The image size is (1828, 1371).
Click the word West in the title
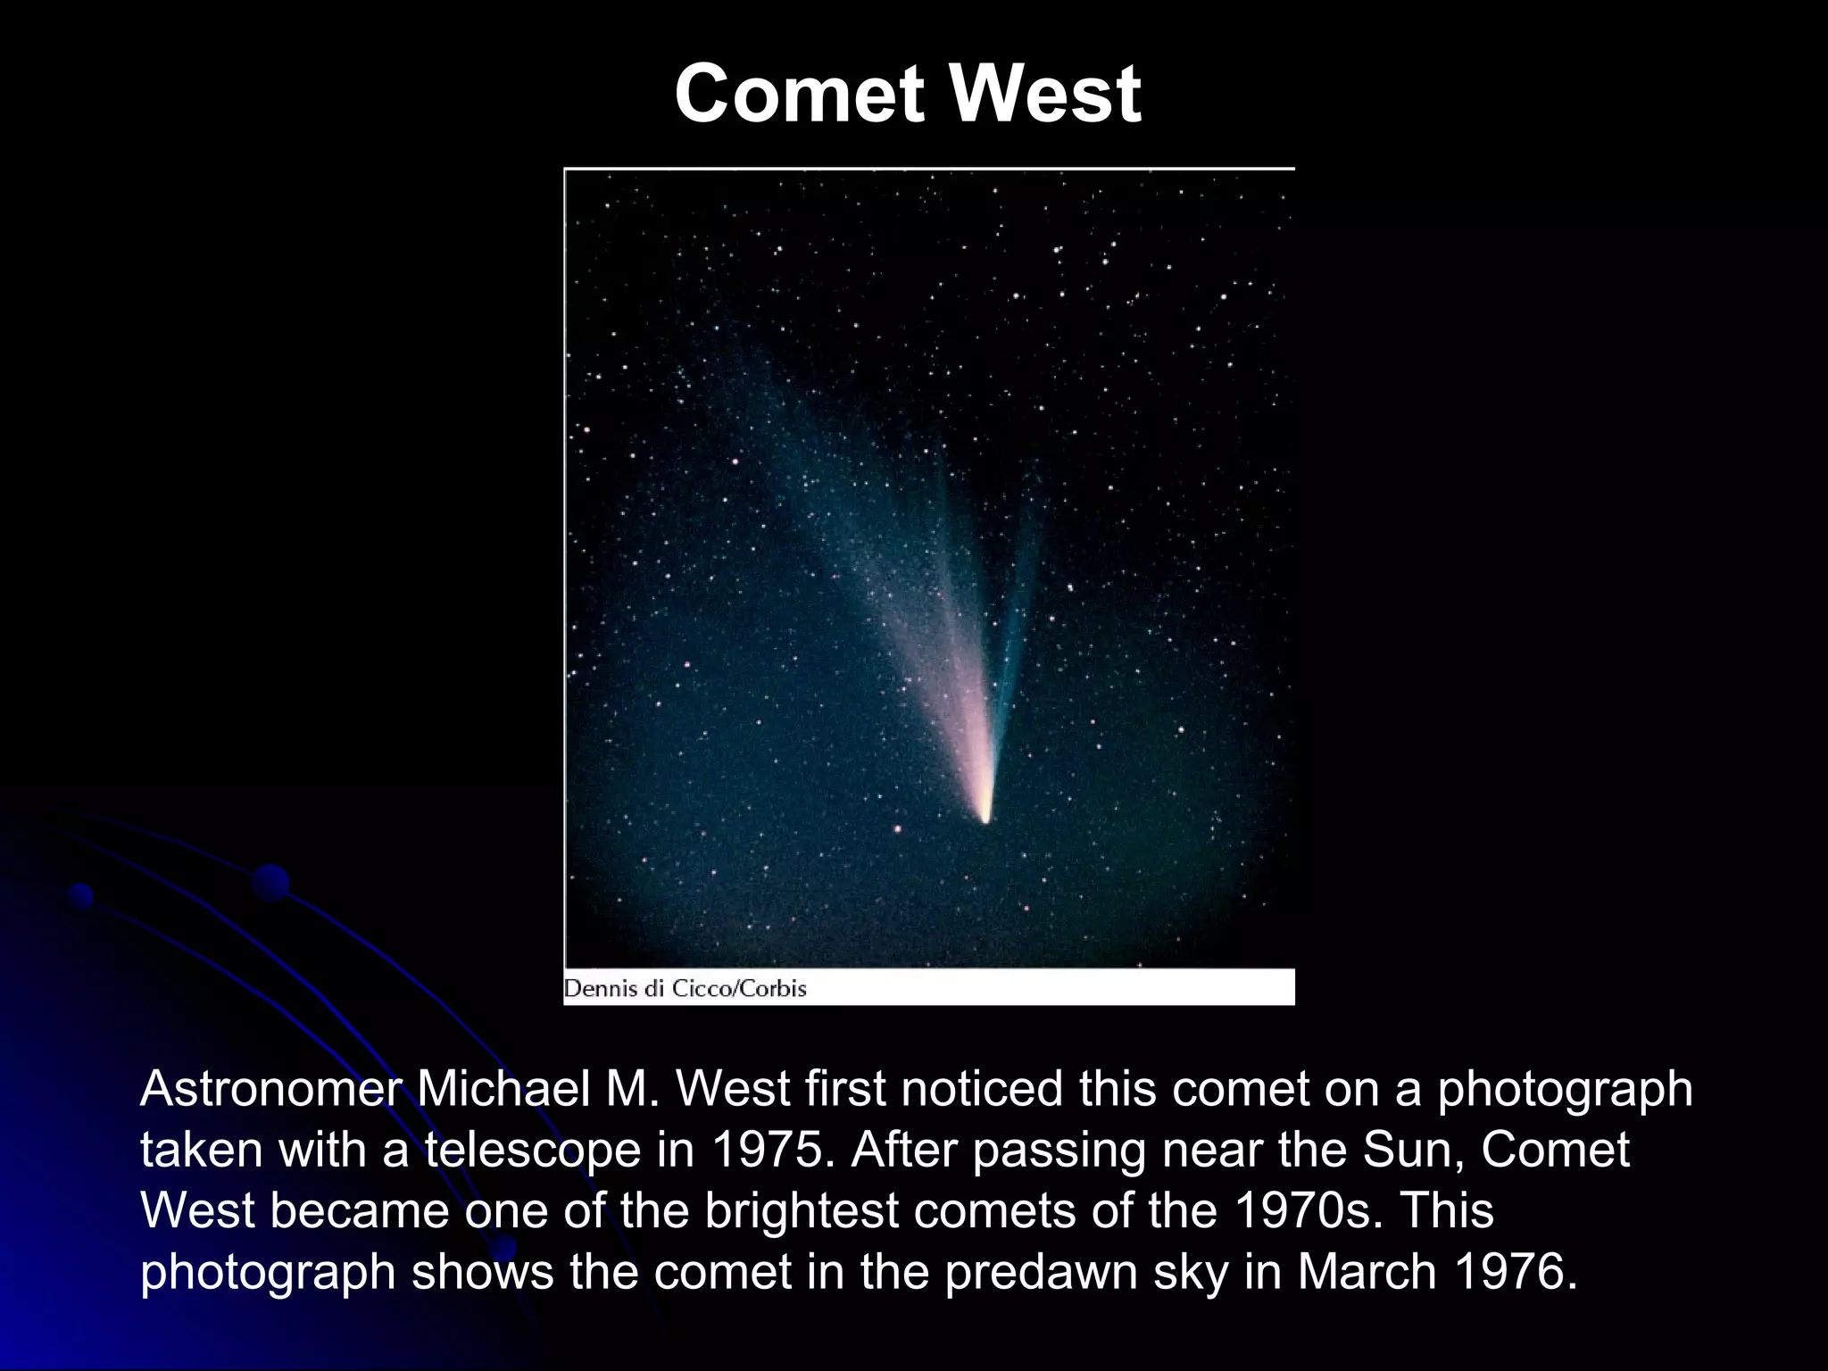(1044, 95)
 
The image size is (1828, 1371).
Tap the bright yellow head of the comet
(985, 814)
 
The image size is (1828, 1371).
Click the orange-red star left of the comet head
(898, 829)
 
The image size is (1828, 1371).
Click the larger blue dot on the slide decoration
(270, 883)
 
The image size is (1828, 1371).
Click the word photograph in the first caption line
(1564, 1090)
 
